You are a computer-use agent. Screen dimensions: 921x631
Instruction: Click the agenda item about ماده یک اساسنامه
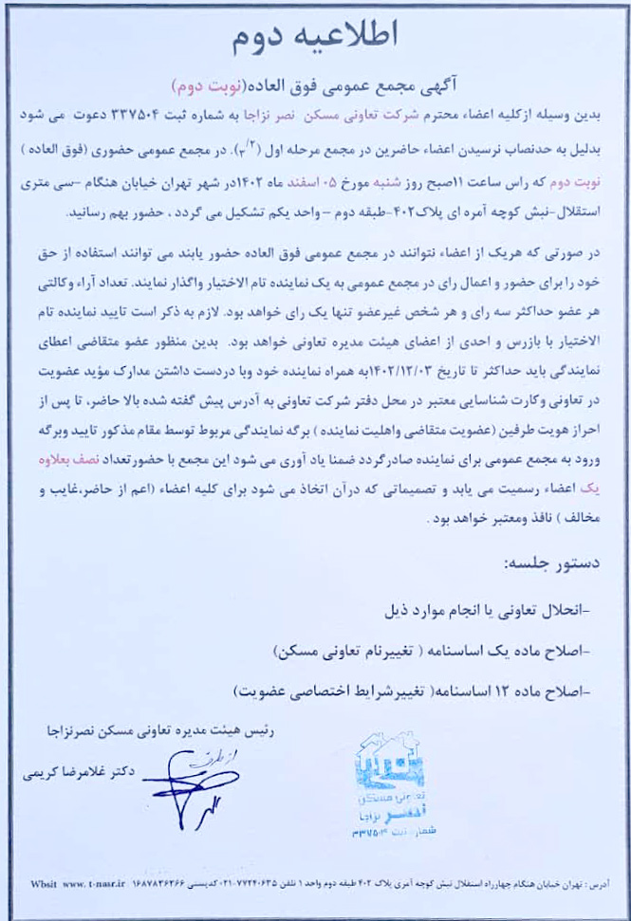(435, 652)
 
